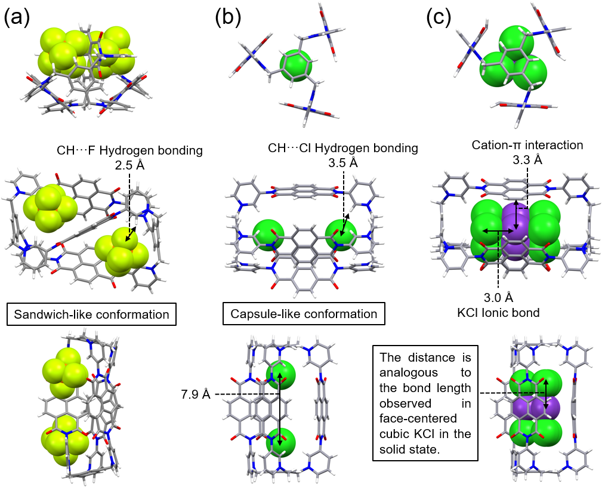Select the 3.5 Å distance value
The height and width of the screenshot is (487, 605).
coord(344,162)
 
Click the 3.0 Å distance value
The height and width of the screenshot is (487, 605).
coord(498,297)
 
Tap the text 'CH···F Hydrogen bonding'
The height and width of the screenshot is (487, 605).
coord(129,151)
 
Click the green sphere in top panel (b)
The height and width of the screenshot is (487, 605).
coord(296,65)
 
